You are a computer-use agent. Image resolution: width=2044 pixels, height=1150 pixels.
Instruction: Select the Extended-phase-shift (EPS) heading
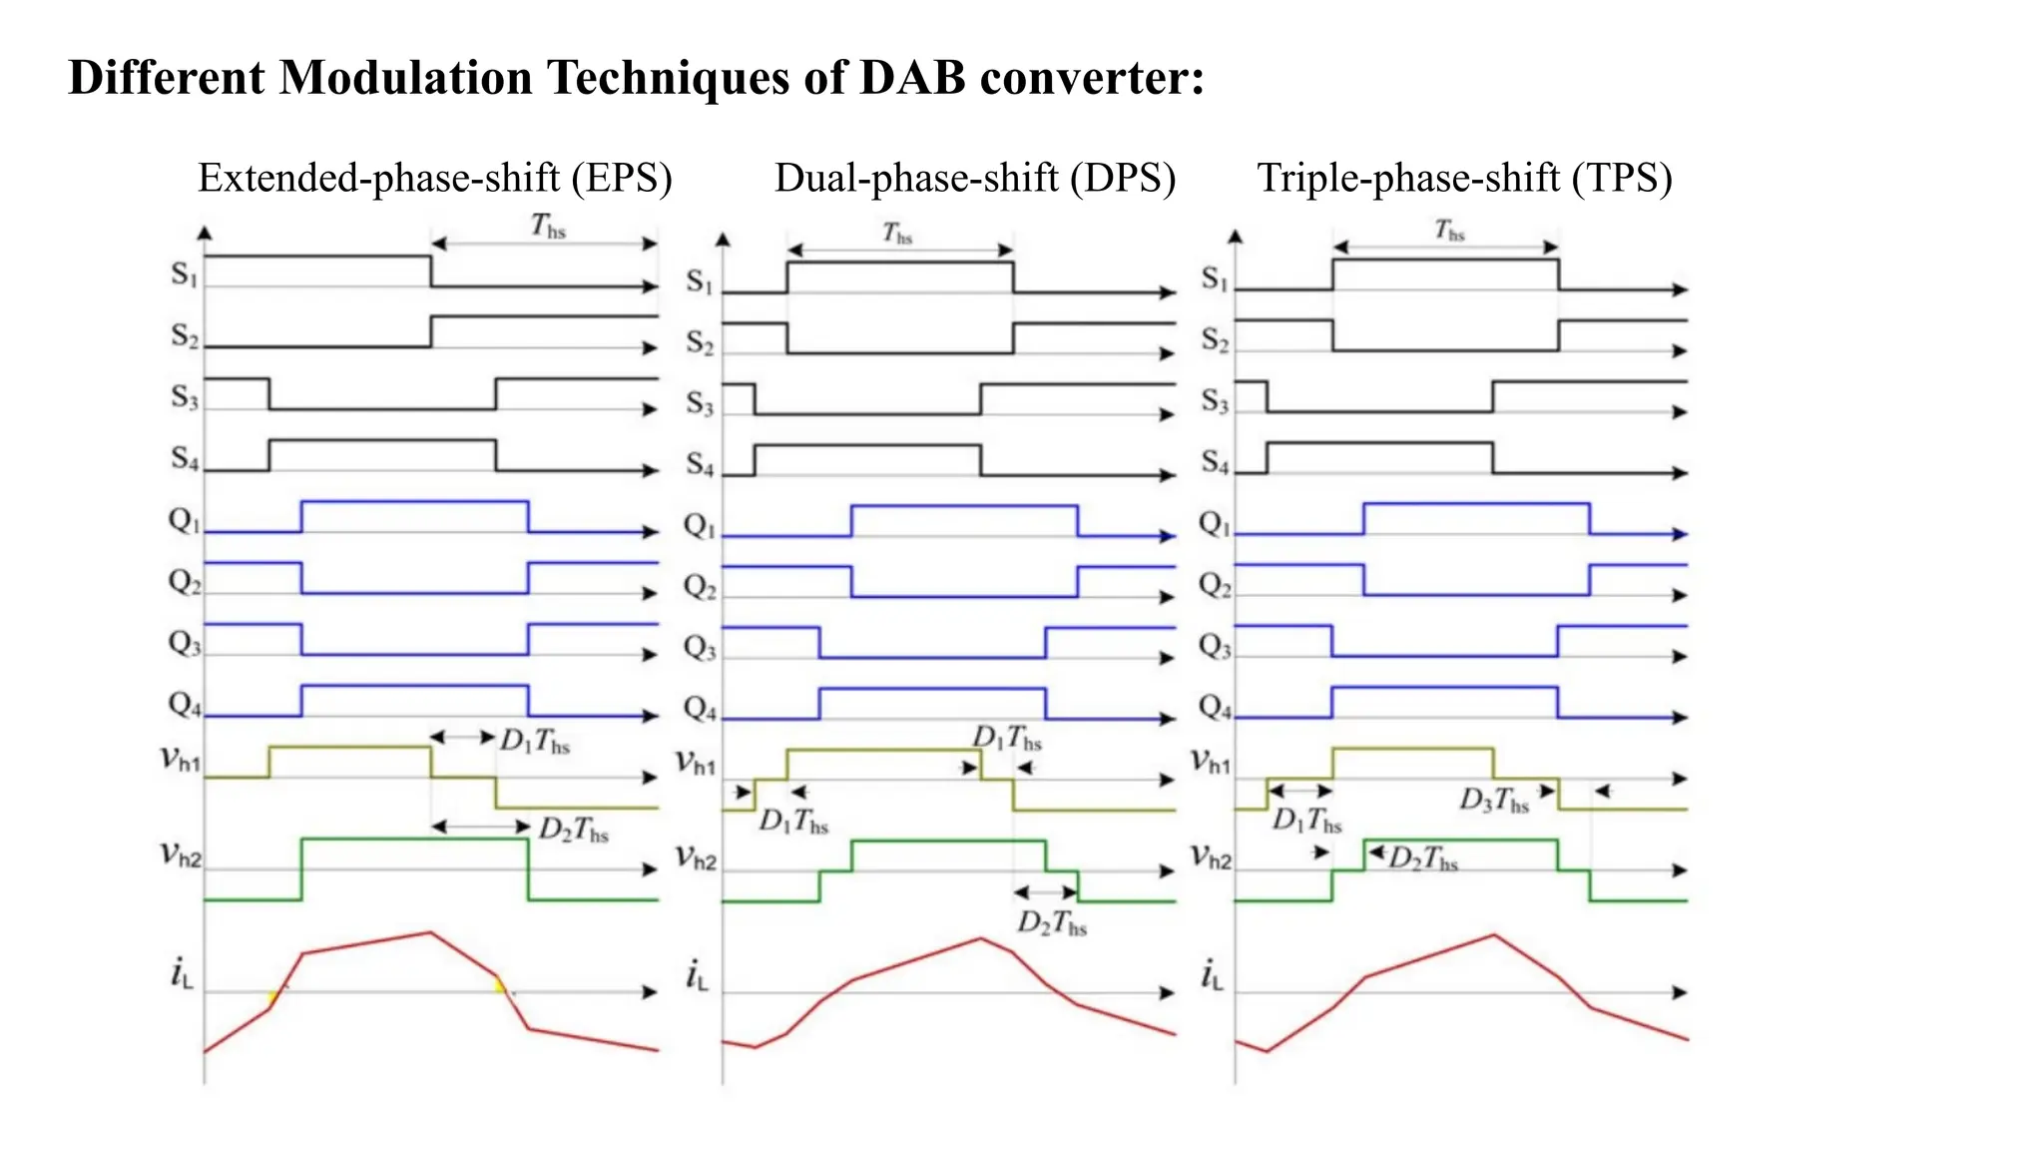pos(435,179)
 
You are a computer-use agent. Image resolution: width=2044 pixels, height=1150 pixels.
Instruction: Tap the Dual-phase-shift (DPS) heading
pos(975,179)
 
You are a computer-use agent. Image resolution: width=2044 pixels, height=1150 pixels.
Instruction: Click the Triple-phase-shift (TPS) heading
pos(1464,179)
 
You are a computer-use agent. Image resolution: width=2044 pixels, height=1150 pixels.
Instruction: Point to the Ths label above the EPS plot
pos(548,227)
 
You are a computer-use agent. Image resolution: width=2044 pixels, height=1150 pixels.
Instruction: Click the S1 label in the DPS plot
pos(700,283)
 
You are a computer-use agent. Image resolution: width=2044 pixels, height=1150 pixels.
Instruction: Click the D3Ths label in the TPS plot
pos(1494,801)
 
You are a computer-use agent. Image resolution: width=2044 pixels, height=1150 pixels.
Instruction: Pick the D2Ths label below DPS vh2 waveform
pos(1052,923)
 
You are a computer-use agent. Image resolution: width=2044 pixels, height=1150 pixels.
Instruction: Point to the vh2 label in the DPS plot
pos(696,858)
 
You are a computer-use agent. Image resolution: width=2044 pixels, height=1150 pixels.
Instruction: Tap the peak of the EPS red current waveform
pos(430,932)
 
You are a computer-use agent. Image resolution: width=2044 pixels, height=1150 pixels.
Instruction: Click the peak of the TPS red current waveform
pos(1494,935)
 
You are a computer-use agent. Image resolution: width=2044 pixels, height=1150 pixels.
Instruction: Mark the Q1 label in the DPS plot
pos(699,525)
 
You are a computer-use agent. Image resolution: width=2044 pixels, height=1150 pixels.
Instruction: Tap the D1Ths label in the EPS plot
pos(535,742)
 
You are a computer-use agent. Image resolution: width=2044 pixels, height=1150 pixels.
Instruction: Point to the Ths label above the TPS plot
pos(1449,231)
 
